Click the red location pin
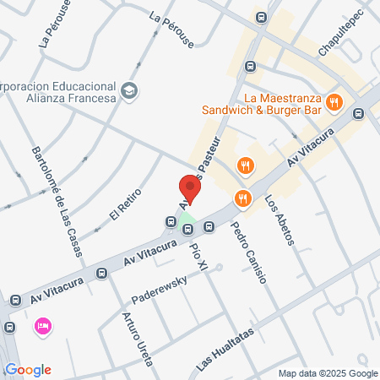coord(190,187)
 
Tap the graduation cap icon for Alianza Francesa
coord(129,90)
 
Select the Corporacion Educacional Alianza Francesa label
coord(59,90)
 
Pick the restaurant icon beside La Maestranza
coord(335,103)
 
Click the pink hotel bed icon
coord(41,325)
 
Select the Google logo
coord(28,369)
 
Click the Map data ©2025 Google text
coord(328,373)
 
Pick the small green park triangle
coord(187,227)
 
